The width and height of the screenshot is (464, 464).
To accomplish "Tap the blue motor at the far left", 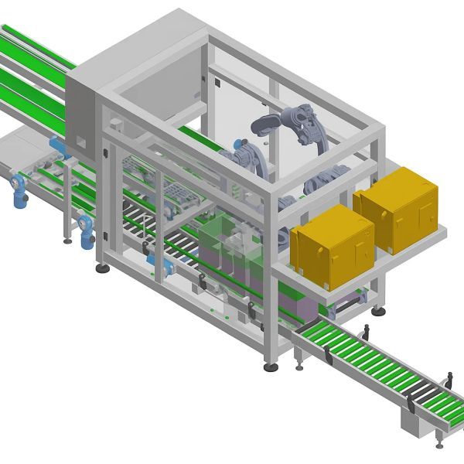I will tap(19, 190).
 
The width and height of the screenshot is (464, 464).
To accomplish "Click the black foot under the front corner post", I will tap(271, 366).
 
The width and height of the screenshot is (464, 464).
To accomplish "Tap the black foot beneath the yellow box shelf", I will tap(378, 312).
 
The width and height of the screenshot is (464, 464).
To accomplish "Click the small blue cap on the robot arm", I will tap(237, 144).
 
